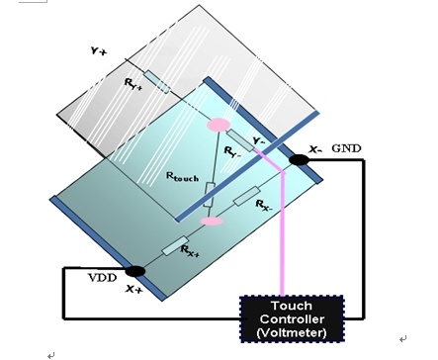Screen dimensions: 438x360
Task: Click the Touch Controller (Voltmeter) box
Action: click(x=292, y=318)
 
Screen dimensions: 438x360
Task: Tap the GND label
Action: click(x=346, y=148)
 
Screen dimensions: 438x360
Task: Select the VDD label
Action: click(x=103, y=278)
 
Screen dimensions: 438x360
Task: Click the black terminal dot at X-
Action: click(x=299, y=160)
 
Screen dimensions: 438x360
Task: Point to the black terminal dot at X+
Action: click(x=134, y=271)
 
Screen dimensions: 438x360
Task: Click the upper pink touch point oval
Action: click(x=218, y=125)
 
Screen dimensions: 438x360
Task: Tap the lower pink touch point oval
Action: click(x=212, y=222)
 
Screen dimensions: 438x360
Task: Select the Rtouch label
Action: click(x=182, y=177)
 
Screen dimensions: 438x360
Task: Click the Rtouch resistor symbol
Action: click(x=210, y=194)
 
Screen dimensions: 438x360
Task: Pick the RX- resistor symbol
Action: click(x=247, y=196)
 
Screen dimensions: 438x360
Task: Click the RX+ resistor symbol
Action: click(x=175, y=246)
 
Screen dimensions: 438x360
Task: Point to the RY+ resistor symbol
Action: click(x=157, y=81)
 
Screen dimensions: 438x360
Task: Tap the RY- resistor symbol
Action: click(x=240, y=140)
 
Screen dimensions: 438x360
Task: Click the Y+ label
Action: click(x=99, y=51)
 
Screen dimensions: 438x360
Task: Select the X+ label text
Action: click(x=134, y=289)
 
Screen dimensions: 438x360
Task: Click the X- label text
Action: click(x=315, y=149)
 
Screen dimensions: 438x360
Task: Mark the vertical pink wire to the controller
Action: click(x=282, y=233)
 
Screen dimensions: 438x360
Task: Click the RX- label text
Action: click(x=264, y=205)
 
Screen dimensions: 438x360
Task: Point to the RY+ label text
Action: click(x=133, y=84)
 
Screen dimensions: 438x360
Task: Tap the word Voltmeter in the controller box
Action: click(x=292, y=332)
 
